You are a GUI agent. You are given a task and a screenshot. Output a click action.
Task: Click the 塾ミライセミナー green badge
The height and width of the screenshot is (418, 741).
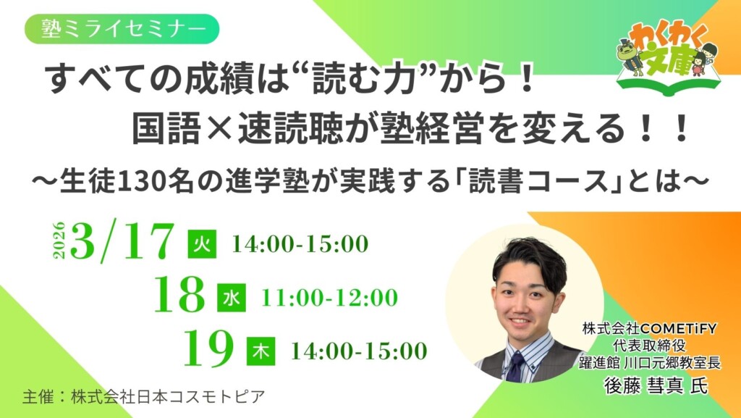tap(121, 30)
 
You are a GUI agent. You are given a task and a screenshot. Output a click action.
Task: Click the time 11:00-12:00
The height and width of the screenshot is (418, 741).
tap(329, 297)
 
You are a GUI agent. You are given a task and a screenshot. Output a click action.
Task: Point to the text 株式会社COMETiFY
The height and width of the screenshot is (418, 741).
tap(649, 327)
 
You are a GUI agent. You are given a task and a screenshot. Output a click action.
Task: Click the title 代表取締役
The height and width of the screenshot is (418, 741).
tap(649, 343)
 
